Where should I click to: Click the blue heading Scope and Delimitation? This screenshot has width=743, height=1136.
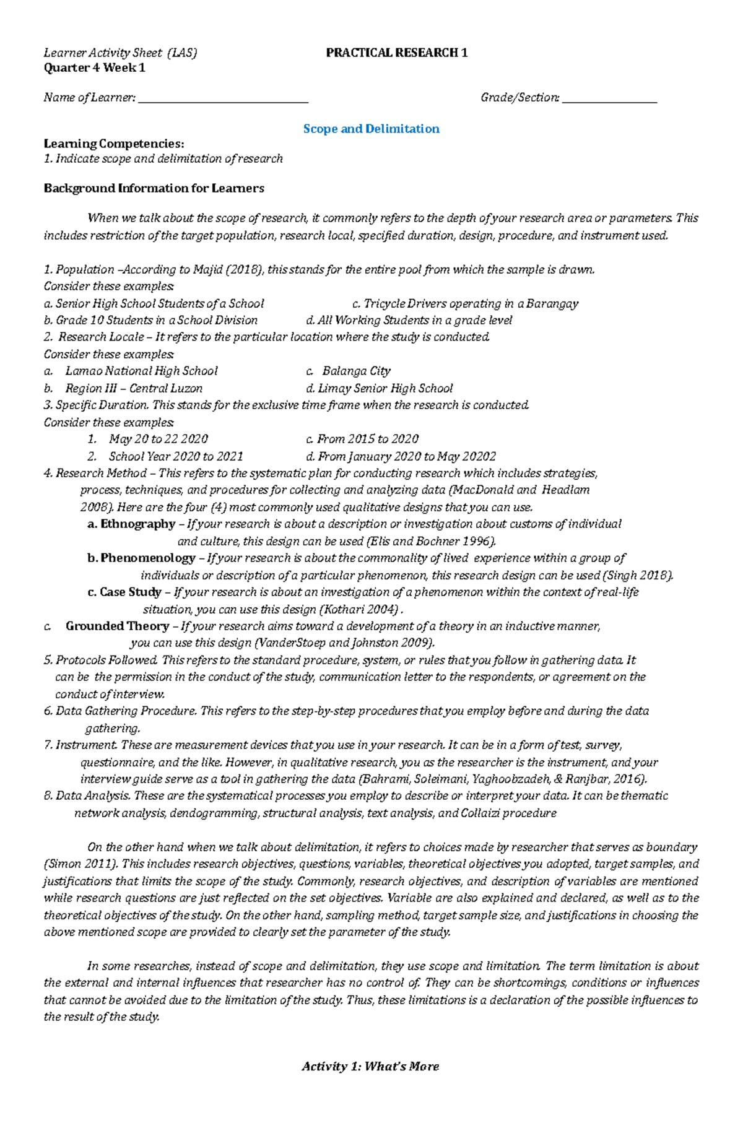pos(371,129)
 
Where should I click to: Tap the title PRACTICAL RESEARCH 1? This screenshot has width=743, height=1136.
pos(396,53)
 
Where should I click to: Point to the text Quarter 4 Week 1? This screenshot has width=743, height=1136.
pos(94,67)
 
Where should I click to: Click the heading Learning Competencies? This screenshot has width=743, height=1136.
pos(114,144)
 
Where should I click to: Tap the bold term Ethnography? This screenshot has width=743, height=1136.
pos(137,524)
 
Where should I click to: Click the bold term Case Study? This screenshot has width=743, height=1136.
pos(130,592)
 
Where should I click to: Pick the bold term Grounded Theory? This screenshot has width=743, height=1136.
pos(117,626)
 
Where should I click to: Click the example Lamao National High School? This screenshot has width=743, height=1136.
pos(141,371)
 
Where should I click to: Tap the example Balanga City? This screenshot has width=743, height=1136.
pos(356,371)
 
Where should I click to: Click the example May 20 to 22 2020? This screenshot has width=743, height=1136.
pos(158,439)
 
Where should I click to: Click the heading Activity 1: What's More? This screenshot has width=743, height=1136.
pos(370,1066)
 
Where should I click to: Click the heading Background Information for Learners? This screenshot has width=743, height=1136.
pos(154,188)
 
